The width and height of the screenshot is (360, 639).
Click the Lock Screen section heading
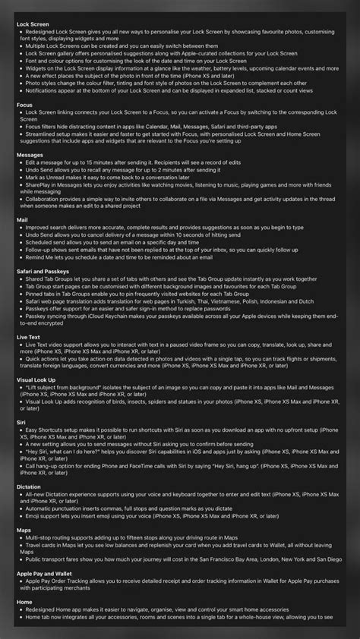33,23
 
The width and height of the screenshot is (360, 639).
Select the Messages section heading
30,154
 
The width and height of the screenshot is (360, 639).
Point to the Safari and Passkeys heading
43,271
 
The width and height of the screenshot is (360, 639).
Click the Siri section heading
21,422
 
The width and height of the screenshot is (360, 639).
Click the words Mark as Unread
47,177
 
